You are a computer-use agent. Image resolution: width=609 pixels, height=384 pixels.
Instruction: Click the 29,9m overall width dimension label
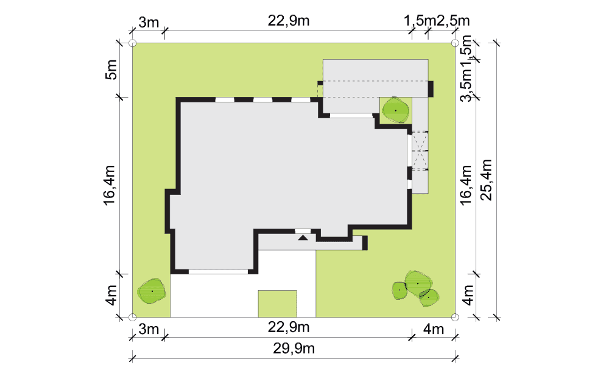click(x=294, y=348)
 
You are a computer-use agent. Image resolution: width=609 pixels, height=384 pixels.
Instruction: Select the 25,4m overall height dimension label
click(x=486, y=180)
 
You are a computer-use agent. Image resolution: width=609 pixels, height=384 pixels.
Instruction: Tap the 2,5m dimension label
click(x=453, y=21)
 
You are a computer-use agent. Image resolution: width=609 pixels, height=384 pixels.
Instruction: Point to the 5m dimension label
click(x=111, y=69)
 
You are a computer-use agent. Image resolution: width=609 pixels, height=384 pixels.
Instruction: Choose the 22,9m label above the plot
click(x=289, y=21)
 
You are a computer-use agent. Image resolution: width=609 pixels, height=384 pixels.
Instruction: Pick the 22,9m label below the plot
click(x=289, y=327)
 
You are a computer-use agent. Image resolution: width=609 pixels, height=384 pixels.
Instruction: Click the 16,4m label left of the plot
click(x=110, y=185)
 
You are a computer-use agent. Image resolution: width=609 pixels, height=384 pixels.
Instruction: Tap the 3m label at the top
click(x=149, y=23)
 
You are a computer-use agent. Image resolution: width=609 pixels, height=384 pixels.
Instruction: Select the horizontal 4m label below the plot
click(x=434, y=329)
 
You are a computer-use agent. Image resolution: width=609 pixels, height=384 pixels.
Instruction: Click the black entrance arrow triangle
click(x=303, y=237)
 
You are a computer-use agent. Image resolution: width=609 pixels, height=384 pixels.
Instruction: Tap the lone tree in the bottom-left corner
click(x=152, y=291)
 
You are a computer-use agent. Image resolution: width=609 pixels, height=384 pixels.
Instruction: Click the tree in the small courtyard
click(x=395, y=110)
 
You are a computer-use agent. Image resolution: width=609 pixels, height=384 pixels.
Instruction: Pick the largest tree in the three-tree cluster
click(x=418, y=283)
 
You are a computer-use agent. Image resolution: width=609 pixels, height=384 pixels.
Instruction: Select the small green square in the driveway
click(x=277, y=304)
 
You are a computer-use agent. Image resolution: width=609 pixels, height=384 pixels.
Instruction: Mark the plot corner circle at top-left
click(x=132, y=43)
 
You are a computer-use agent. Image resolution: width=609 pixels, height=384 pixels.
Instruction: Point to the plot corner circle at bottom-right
click(x=455, y=317)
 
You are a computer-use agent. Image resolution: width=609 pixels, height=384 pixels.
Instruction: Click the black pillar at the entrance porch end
click(x=365, y=243)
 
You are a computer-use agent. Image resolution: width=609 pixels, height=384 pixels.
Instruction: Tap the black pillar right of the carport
click(x=431, y=88)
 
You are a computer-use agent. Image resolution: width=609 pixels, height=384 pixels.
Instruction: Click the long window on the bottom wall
click(x=218, y=271)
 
